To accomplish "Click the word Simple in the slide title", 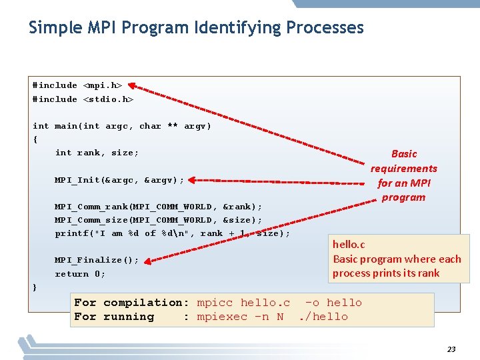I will pyautogui.click(x=52, y=28).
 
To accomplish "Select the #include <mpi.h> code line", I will pyautogui.click(x=77, y=85).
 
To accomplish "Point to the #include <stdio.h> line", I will pyautogui.click(x=83, y=99).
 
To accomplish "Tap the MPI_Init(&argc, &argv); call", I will pyautogui.click(x=119, y=180).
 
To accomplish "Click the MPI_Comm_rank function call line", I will pyautogui.click(x=158, y=207).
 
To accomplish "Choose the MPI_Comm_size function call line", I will pyautogui.click(x=158, y=220).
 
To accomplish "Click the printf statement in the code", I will pyautogui.click(x=172, y=233).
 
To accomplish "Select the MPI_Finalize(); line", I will pyautogui.click(x=97, y=260).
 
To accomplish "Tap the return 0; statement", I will pyautogui.click(x=80, y=274).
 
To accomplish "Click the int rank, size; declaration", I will pyautogui.click(x=97, y=153).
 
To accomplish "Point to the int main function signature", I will pyautogui.click(x=121, y=126).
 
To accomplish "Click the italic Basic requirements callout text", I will pyautogui.click(x=404, y=175).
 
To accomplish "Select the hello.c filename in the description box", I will pyautogui.click(x=349, y=245).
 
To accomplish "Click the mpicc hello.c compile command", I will pyautogui.click(x=243, y=303).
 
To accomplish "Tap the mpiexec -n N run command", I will pyautogui.click(x=240, y=317).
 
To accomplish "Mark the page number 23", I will pyautogui.click(x=451, y=349).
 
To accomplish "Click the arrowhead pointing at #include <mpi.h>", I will pyautogui.click(x=131, y=85).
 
